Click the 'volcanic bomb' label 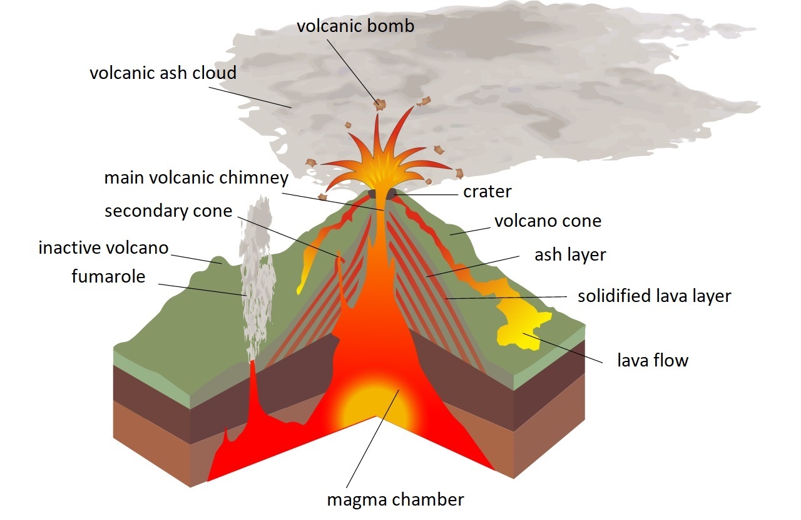click(x=355, y=26)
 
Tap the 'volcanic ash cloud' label click(x=163, y=73)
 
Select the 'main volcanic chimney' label click(x=196, y=178)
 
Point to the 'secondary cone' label click(x=168, y=211)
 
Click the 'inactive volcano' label click(x=103, y=247)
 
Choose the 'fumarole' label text click(x=108, y=276)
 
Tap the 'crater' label click(x=487, y=192)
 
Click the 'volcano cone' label click(x=548, y=221)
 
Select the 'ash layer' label click(x=570, y=255)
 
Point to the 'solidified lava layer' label click(x=654, y=296)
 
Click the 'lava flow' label click(x=653, y=360)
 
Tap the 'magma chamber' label click(x=395, y=500)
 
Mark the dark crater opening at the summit click(x=382, y=194)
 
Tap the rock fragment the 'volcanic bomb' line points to click(x=379, y=104)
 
